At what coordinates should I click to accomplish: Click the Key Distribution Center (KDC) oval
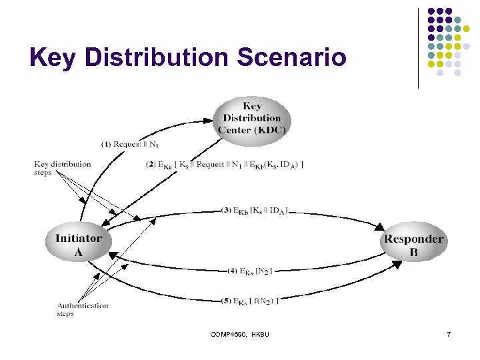pyautogui.click(x=253, y=118)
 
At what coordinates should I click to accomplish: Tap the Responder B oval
pyautogui.click(x=413, y=245)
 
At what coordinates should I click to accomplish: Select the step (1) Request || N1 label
pyautogui.click(x=130, y=144)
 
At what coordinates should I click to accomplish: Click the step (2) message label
pyautogui.click(x=224, y=165)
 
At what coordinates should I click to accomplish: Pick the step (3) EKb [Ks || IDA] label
pyautogui.click(x=254, y=211)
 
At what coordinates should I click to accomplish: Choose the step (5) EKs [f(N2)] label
pyautogui.click(x=250, y=301)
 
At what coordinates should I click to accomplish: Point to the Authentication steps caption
pyautogui.click(x=82, y=309)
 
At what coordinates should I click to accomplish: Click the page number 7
pyautogui.click(x=449, y=333)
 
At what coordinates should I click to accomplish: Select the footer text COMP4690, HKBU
pyautogui.click(x=239, y=333)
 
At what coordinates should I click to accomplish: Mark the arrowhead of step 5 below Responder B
pyautogui.click(x=396, y=265)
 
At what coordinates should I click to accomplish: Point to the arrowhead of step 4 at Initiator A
pyautogui.click(x=113, y=253)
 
